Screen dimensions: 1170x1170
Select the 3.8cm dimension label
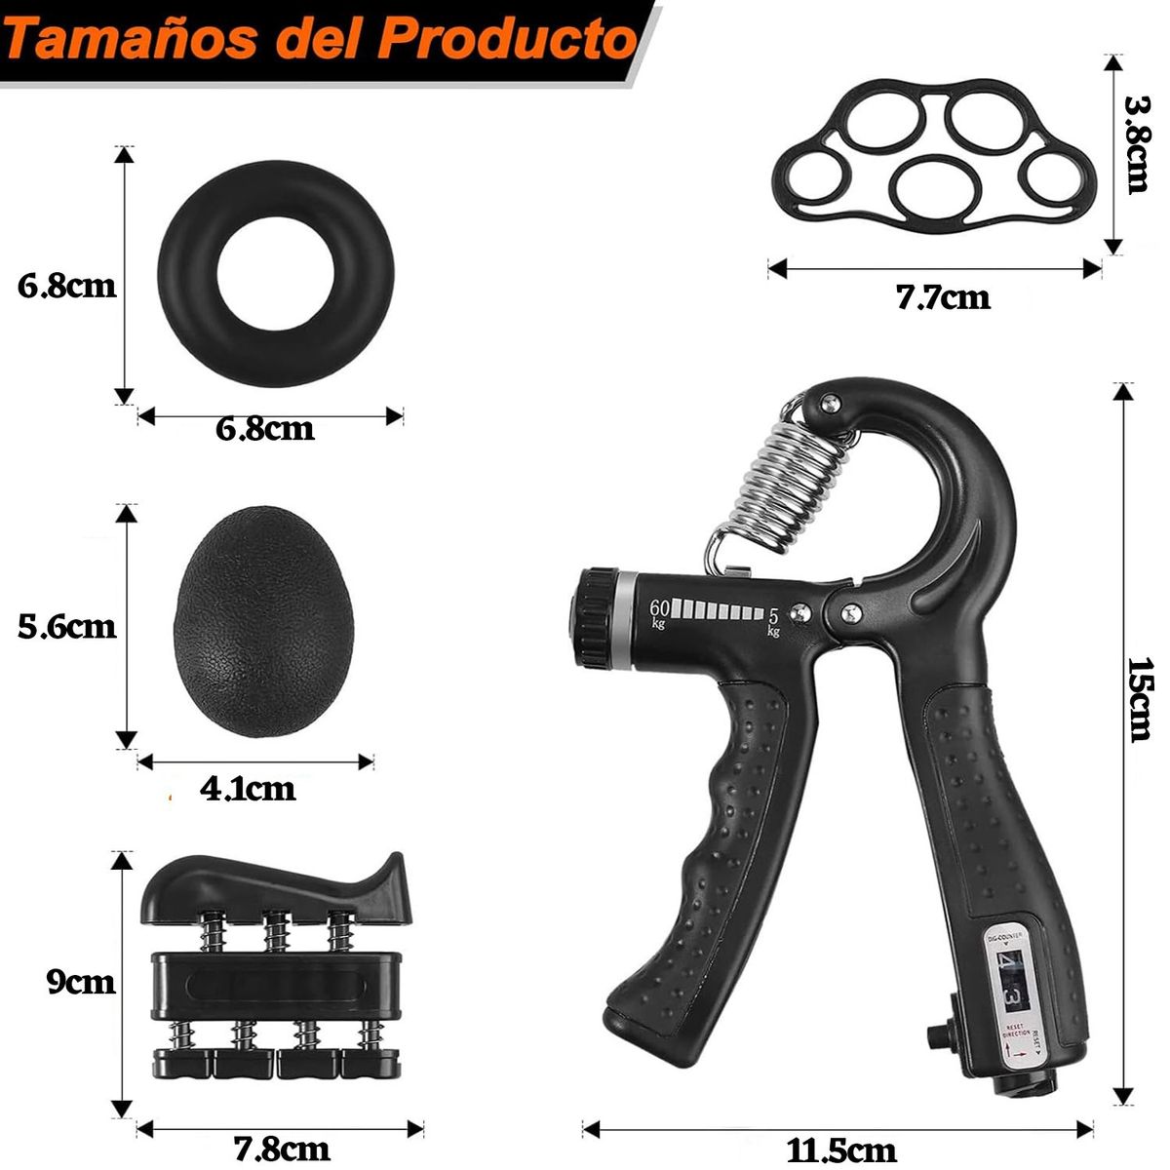click(1137, 143)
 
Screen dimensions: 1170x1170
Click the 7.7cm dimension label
click(942, 296)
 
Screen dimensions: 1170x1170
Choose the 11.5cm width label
click(840, 1150)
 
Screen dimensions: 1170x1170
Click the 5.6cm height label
click(66, 625)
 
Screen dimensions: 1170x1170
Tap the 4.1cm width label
click(248, 788)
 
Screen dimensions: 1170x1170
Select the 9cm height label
click(81, 981)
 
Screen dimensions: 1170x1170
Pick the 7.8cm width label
click(282, 1149)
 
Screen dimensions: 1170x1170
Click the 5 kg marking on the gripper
click(773, 620)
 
